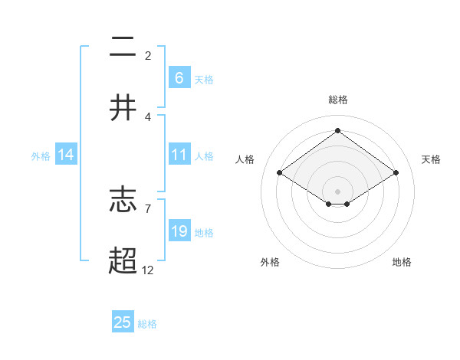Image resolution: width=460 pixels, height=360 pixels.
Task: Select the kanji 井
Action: tap(123, 108)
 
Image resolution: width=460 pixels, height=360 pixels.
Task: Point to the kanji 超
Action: tap(123, 260)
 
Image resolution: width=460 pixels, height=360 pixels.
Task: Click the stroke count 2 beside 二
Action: tap(148, 55)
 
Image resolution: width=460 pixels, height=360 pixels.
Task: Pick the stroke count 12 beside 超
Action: tap(148, 270)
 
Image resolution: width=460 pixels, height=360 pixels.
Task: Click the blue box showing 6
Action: tap(179, 77)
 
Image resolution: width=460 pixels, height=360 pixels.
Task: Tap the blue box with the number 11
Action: tap(179, 155)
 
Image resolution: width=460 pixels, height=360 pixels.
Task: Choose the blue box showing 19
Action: tap(179, 231)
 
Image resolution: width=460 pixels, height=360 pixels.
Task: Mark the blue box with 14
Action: tap(66, 155)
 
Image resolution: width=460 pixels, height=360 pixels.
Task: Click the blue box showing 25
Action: tap(123, 322)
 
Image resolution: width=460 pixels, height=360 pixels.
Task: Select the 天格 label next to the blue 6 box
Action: tap(204, 79)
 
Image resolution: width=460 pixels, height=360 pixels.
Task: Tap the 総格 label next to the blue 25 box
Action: tap(147, 324)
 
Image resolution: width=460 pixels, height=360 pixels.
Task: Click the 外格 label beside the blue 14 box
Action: tap(41, 156)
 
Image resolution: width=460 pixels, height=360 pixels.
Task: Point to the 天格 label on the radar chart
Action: tap(432, 159)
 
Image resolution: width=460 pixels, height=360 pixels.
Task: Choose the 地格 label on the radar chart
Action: tap(402, 262)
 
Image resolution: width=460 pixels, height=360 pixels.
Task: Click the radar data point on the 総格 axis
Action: tap(337, 130)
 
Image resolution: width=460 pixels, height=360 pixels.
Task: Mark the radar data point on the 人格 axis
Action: tap(280, 173)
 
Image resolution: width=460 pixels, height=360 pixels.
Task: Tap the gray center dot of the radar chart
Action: tap(337, 191)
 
